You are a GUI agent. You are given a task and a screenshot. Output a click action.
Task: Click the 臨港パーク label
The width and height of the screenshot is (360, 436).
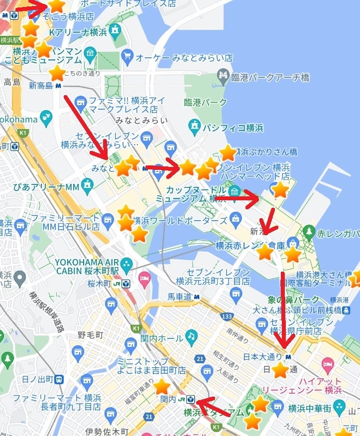coord(205,103)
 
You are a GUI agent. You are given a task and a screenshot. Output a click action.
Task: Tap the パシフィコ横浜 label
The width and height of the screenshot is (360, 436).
coord(233,128)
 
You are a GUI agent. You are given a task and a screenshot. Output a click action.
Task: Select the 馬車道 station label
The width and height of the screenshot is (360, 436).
coord(179,297)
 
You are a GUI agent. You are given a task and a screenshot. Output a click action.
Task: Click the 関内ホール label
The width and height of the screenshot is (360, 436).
coord(162,339)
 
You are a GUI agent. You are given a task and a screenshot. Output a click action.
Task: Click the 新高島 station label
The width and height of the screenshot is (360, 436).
coord(41,86)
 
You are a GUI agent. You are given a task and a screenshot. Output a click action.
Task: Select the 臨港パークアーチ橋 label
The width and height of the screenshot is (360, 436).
coord(270,77)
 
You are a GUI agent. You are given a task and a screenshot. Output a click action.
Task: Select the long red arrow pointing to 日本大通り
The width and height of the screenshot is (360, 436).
coord(283,309)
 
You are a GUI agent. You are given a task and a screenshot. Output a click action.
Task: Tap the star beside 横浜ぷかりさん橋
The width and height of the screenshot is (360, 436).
coord(228,153)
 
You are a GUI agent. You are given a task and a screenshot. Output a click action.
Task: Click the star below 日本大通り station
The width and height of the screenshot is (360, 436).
coord(280,370)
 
